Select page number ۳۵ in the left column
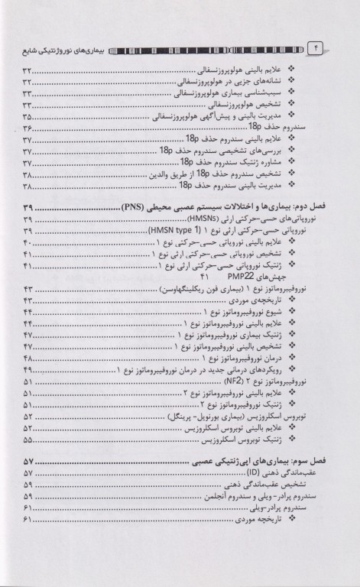28,117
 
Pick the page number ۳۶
28,128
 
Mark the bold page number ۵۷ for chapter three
30,463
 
